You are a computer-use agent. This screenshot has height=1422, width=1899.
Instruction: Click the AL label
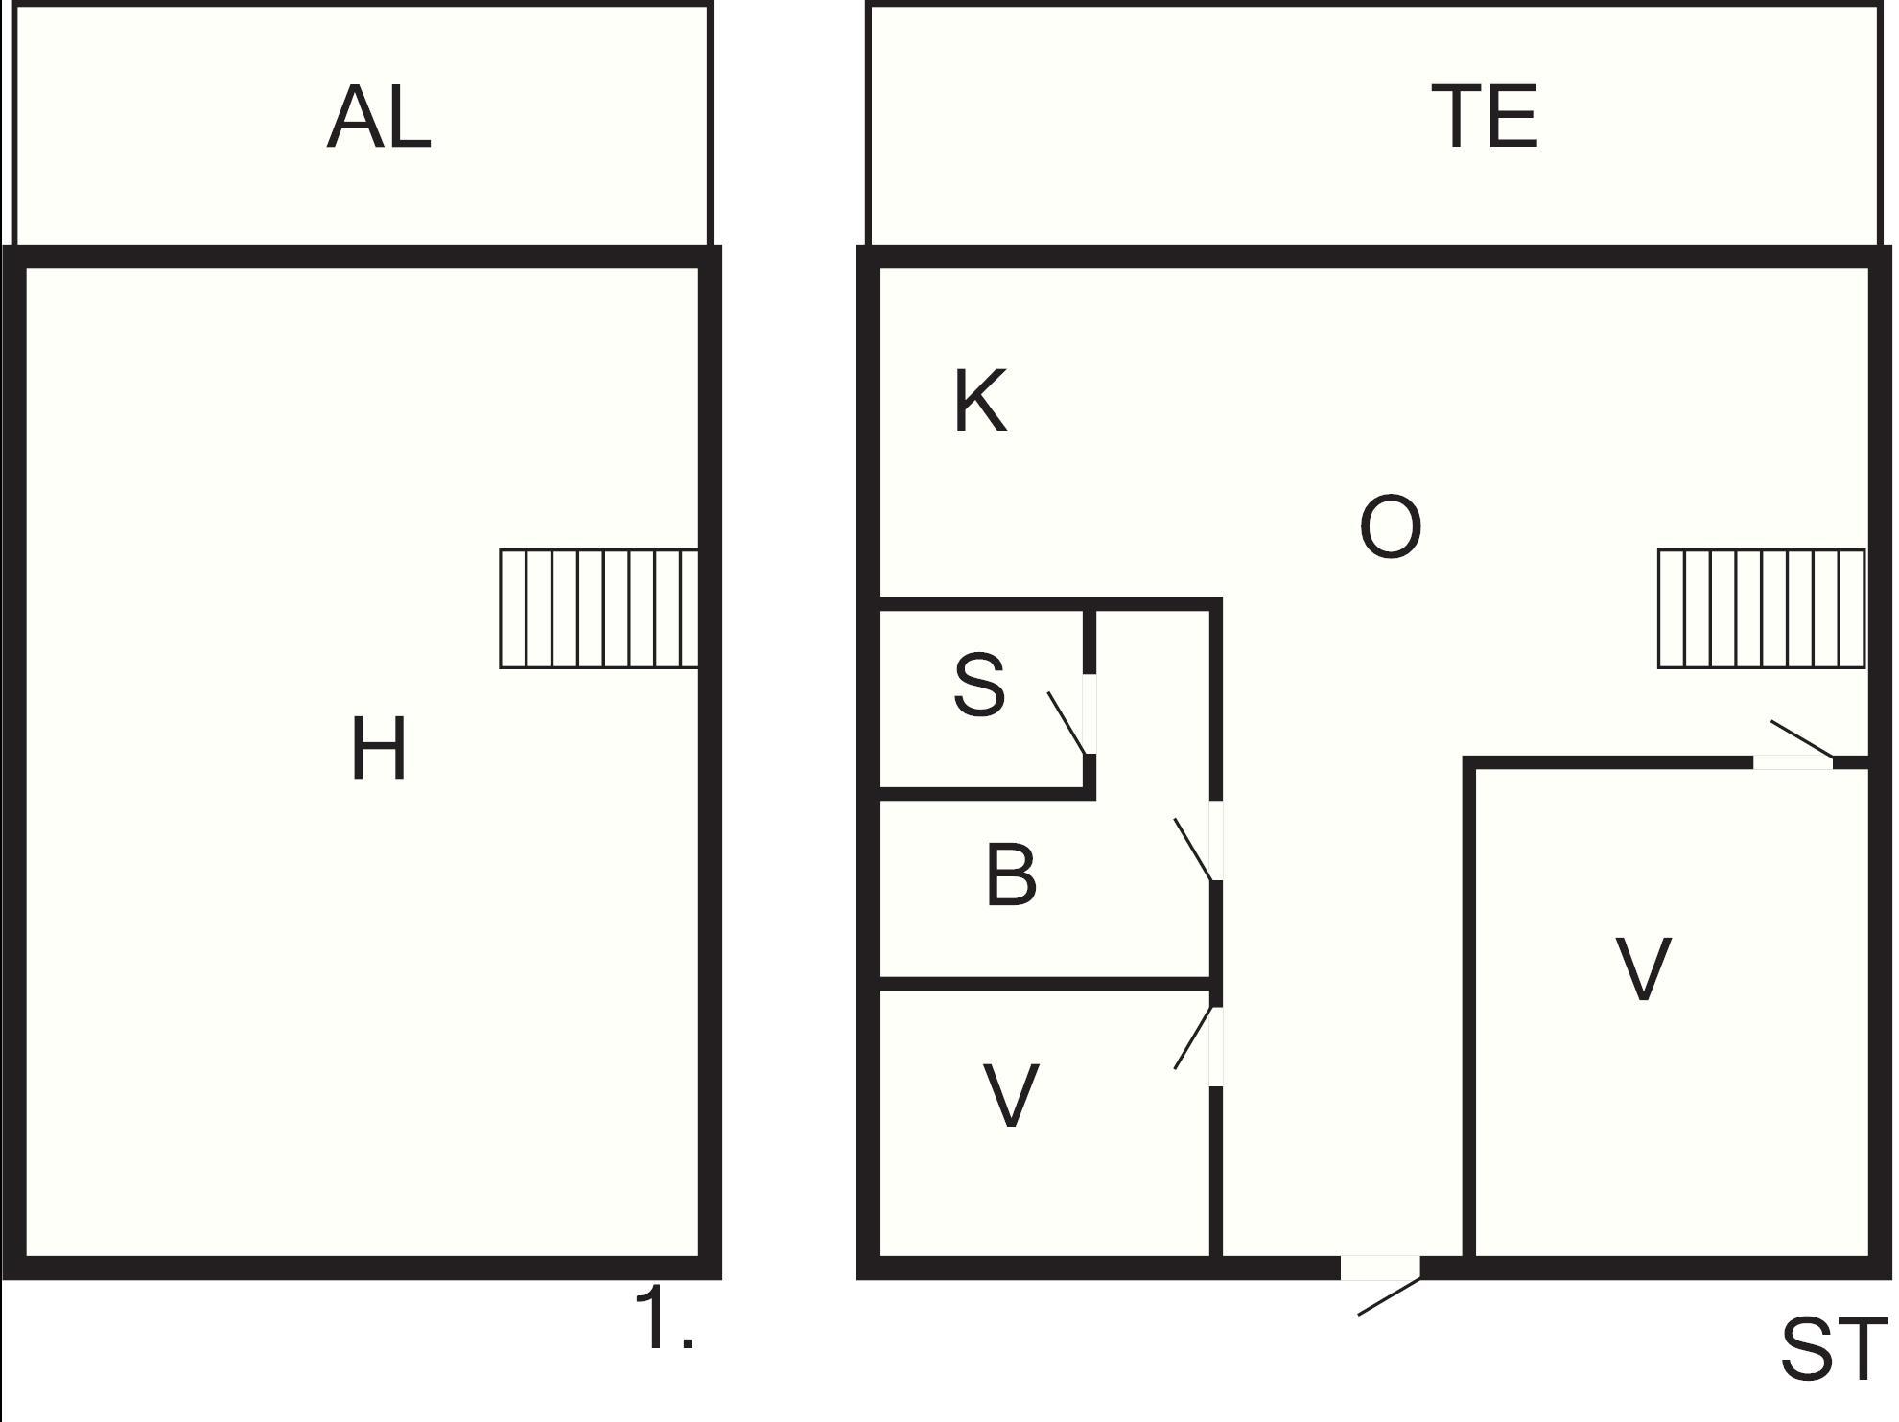pyautogui.click(x=379, y=117)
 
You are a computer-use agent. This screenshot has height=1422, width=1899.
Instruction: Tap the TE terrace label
pyautogui.click(x=1484, y=117)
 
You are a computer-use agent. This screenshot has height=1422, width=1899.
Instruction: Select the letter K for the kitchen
pyautogui.click(x=980, y=402)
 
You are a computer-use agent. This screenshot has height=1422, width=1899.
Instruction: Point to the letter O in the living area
pyautogui.click(x=1390, y=526)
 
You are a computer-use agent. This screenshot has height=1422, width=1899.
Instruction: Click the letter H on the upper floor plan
pyautogui.click(x=379, y=749)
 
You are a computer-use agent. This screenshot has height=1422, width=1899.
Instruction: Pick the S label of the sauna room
pyautogui.click(x=979, y=685)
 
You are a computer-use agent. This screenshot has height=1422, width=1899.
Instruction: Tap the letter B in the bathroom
pyautogui.click(x=1011, y=875)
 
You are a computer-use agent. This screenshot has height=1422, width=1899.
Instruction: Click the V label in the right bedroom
pyautogui.click(x=1643, y=969)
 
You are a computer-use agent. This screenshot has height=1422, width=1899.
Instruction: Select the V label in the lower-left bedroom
pyautogui.click(x=1011, y=1096)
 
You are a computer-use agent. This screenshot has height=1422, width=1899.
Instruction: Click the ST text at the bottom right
pyautogui.click(x=1833, y=1350)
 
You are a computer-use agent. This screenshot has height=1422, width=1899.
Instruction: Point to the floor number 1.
pyautogui.click(x=664, y=1320)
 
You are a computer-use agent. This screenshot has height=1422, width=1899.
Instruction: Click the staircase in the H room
pyautogui.click(x=598, y=608)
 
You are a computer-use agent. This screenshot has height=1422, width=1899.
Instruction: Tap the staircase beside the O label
pyautogui.click(x=1761, y=608)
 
